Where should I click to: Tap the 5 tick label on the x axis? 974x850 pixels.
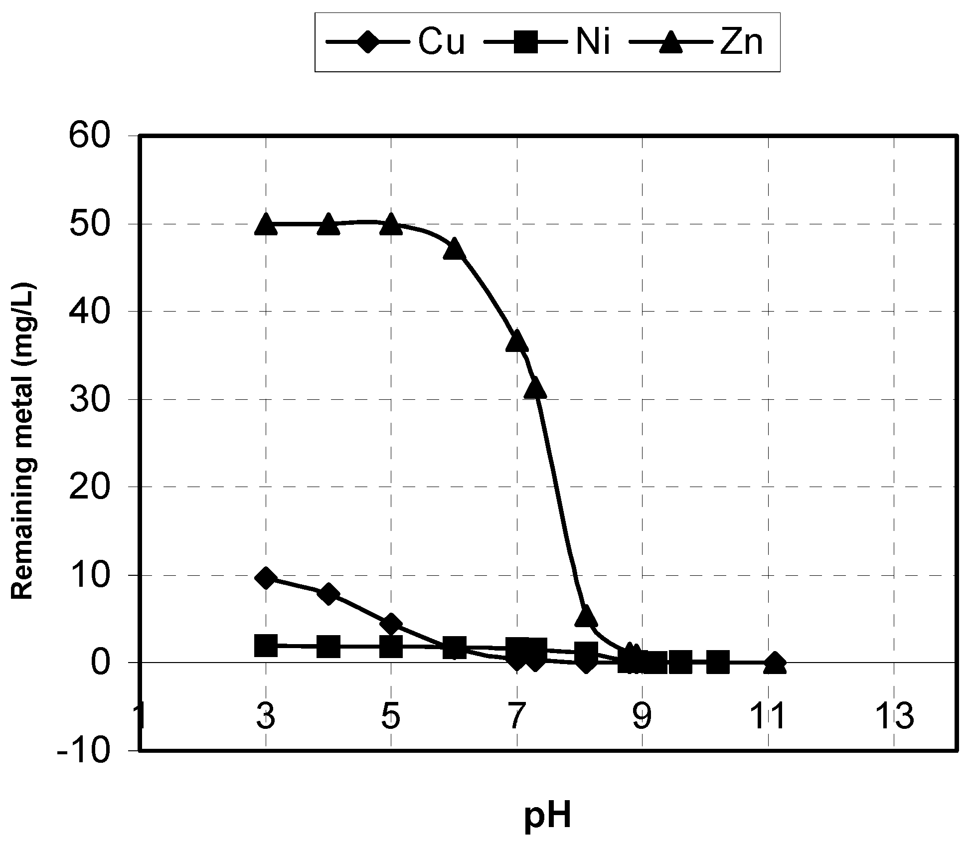point(391,716)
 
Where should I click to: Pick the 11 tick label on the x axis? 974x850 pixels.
point(768,716)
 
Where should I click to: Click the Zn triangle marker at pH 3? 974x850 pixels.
point(266,224)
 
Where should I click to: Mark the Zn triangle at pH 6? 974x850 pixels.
point(454,249)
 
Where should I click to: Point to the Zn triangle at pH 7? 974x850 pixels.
point(517,340)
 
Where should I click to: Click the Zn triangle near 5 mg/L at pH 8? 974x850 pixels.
point(586,616)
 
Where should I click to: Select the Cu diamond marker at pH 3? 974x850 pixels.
point(266,578)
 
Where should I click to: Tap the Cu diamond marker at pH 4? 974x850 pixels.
point(328,594)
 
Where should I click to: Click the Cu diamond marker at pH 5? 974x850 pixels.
point(391,624)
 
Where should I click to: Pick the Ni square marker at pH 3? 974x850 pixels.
point(266,646)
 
